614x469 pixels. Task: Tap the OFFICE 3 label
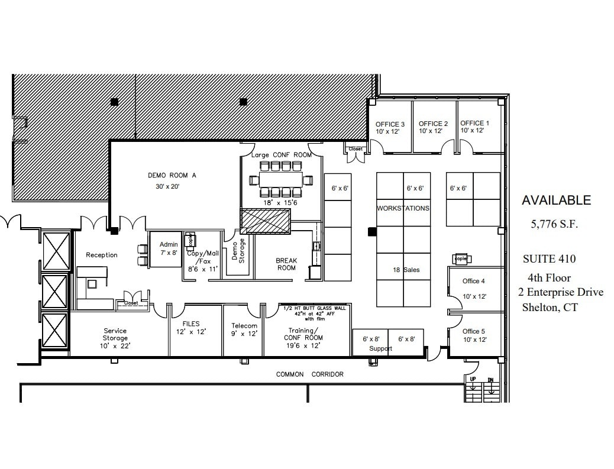390,124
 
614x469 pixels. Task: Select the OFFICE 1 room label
474,123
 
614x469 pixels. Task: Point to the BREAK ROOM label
286,264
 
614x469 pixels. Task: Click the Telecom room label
244,326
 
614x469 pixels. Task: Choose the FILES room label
191,324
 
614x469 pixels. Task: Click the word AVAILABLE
555,200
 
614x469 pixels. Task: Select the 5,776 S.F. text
554,224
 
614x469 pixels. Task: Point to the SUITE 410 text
549,258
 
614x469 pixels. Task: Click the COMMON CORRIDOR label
309,374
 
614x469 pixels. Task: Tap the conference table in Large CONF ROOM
281,179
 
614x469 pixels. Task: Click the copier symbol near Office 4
461,258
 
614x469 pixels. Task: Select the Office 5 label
474,331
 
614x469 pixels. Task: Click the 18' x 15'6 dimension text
280,202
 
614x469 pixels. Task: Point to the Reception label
102,255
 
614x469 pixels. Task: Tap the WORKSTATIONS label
403,208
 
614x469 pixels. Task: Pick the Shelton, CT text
550,307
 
